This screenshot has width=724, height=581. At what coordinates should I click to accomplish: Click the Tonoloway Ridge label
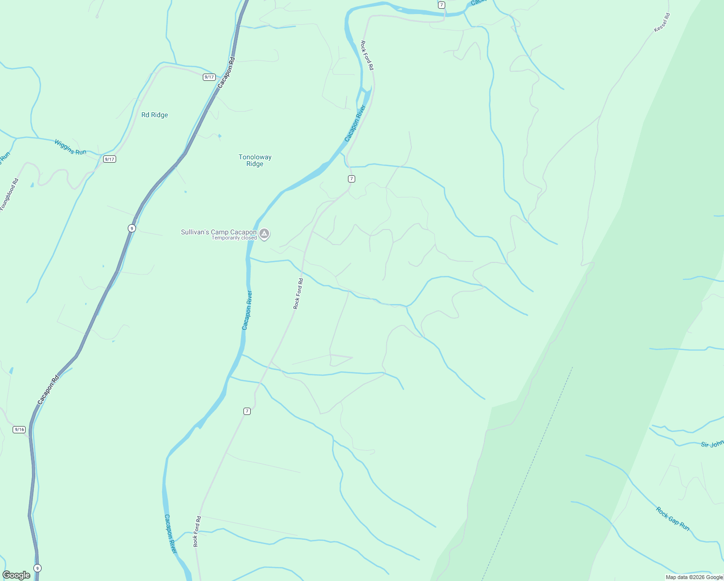[255, 160]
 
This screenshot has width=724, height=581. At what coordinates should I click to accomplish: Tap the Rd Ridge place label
[154, 115]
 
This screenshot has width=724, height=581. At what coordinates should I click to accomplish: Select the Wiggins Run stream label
[70, 147]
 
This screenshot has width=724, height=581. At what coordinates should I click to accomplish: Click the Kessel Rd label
[662, 23]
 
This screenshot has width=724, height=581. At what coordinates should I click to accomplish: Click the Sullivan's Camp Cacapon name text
[219, 232]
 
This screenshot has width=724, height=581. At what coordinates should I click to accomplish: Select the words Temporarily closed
[234, 238]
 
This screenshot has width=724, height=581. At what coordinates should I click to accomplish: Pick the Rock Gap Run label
[673, 519]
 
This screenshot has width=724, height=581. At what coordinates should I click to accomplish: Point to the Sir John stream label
[712, 444]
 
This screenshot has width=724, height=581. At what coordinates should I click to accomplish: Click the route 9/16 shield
[19, 429]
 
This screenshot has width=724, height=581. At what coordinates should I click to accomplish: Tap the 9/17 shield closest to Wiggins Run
[110, 159]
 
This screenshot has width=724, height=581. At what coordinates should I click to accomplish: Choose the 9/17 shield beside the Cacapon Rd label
[209, 77]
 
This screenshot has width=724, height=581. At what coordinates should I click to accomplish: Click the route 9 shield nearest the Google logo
[38, 568]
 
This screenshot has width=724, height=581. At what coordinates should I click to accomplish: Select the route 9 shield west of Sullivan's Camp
[132, 228]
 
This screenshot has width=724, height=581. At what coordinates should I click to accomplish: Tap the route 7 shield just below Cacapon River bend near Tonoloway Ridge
[352, 179]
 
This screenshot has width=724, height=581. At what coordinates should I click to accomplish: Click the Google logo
[16, 575]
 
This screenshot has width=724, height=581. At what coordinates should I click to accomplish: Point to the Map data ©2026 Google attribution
[694, 577]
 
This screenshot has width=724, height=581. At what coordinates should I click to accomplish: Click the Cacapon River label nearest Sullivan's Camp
[247, 310]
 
